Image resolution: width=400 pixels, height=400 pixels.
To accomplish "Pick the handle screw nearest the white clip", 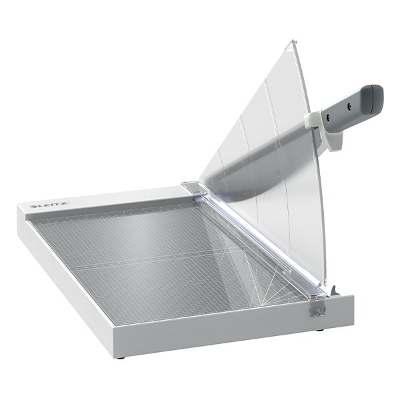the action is tap(329, 116).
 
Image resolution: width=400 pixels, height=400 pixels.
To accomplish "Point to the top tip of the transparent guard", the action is tap(293, 41).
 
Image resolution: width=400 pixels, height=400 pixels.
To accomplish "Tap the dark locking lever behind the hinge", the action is tap(335, 290).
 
